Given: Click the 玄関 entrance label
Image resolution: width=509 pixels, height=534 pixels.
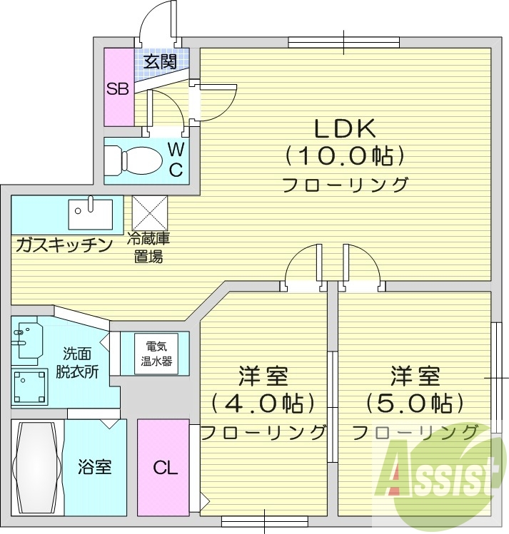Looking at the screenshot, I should (160, 61).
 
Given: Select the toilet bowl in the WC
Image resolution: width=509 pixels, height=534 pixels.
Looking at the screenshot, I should (136, 160).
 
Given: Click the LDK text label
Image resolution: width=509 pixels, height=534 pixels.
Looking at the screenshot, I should (346, 129).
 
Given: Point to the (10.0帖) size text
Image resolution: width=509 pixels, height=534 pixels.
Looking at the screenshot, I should (346, 155).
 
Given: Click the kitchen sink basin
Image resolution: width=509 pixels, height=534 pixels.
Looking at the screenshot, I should (91, 212).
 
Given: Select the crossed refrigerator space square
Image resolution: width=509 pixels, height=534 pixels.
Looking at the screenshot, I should (149, 212).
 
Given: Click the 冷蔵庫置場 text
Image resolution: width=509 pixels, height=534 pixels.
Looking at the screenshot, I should (149, 248).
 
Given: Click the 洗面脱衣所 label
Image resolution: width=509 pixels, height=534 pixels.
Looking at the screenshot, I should (77, 361).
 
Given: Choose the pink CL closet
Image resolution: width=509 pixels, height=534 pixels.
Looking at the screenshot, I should (163, 468).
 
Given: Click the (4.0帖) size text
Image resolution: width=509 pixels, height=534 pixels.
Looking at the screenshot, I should (263, 404).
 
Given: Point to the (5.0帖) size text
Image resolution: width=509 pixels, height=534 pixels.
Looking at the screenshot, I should (415, 404).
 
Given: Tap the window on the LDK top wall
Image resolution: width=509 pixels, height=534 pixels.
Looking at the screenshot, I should (343, 42).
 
